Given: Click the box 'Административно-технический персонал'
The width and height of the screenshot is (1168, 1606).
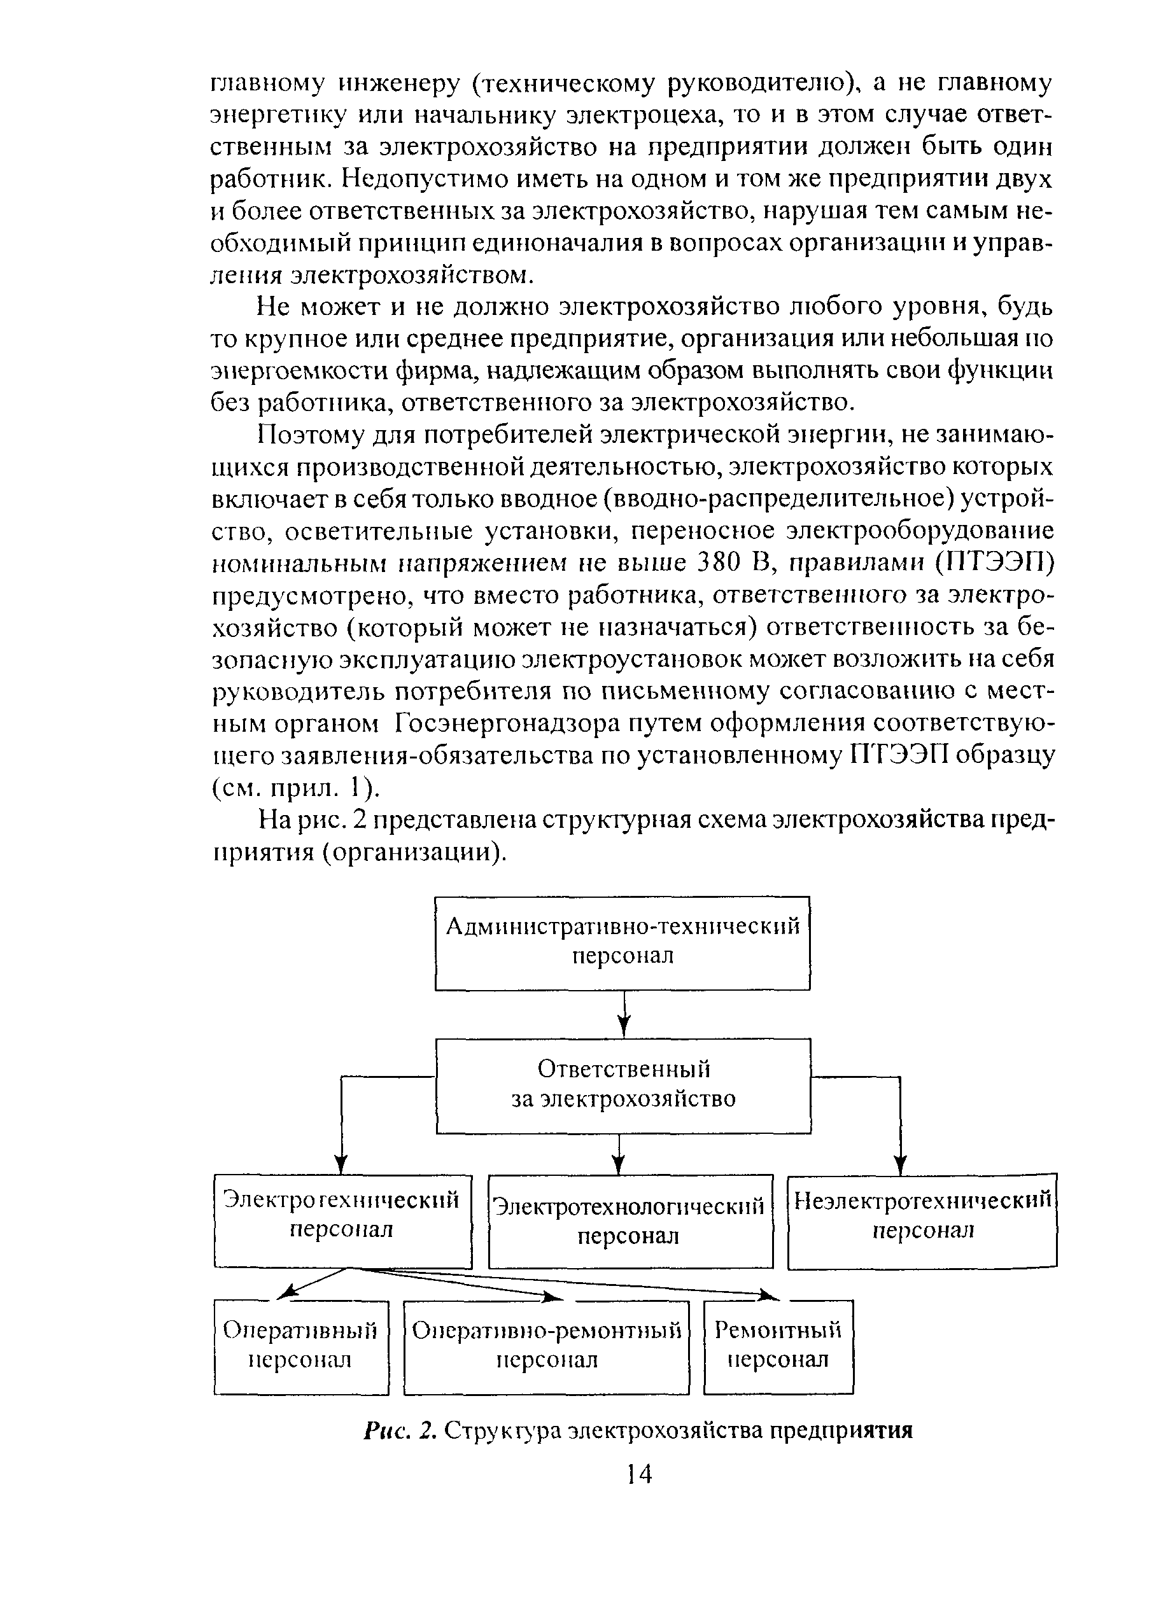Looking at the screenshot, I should [x=622, y=942].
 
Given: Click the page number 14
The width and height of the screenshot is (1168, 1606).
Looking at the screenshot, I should [x=639, y=1474].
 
